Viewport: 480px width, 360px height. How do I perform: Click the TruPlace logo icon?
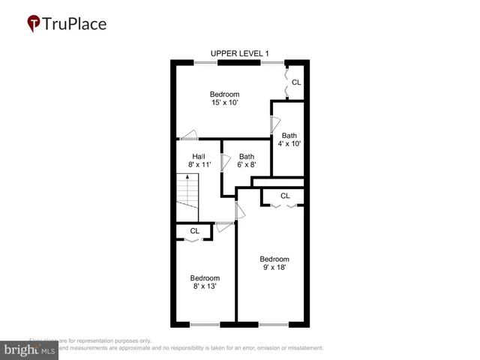click(x=34, y=23)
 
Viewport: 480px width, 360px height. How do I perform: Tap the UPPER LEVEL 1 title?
click(x=240, y=53)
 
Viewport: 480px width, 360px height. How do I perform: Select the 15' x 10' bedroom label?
click(x=224, y=99)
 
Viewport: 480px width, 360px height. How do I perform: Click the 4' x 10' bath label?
click(x=289, y=139)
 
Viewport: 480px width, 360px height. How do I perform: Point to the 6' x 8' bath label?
click(x=247, y=161)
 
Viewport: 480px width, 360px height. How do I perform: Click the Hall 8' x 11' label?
click(x=199, y=161)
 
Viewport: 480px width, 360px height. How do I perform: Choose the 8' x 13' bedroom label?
click(x=204, y=282)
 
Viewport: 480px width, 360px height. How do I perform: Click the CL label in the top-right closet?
click(x=296, y=82)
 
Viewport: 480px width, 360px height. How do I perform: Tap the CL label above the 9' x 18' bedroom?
click(x=285, y=196)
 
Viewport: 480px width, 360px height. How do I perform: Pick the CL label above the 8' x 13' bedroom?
click(x=194, y=231)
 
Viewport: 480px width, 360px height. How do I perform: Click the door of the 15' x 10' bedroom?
click(x=189, y=135)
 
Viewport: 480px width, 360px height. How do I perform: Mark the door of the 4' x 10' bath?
click(x=274, y=124)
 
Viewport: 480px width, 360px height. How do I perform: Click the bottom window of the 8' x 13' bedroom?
click(x=205, y=325)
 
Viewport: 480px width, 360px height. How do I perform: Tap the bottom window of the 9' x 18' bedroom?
click(x=273, y=325)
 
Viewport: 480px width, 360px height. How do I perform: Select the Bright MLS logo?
click(x=30, y=349)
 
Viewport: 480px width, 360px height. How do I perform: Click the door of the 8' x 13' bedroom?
click(x=223, y=224)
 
